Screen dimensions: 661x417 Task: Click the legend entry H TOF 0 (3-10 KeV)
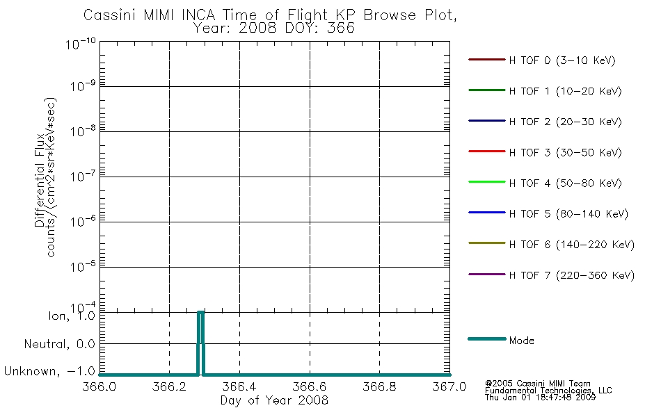[x=562, y=60]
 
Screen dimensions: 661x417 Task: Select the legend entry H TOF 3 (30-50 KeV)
[x=565, y=152]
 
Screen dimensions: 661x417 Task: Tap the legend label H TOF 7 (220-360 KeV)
[x=572, y=275]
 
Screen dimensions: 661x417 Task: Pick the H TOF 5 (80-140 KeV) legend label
[x=568, y=213]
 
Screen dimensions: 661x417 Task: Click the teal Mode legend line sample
[x=487, y=338]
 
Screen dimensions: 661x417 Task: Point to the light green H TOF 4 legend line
[x=487, y=182]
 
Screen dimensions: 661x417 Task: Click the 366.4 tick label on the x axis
[x=239, y=386]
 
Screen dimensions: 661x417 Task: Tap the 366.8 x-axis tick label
[x=379, y=386]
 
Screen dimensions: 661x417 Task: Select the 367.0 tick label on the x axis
[x=449, y=386]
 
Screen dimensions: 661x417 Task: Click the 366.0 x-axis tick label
[x=99, y=386]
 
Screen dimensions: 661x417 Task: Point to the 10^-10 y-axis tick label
[x=81, y=43]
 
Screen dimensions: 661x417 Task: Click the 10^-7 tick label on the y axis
[x=83, y=176]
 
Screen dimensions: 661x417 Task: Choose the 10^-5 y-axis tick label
[x=83, y=266]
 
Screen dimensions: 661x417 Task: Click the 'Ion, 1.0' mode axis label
[x=72, y=316]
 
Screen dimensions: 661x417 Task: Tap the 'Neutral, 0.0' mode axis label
[x=59, y=344]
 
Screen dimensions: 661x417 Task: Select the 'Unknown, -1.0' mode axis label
[x=49, y=371]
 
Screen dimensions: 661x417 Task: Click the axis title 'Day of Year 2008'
[x=274, y=400]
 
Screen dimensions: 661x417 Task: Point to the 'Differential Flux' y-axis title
[x=40, y=180]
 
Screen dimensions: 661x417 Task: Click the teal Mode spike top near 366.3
[x=200, y=312]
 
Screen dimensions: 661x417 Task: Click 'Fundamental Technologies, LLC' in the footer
[x=548, y=391]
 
